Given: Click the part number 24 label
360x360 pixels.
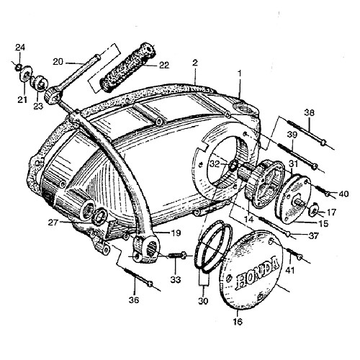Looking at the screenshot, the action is [20, 48].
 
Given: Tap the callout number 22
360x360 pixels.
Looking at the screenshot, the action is [164, 65].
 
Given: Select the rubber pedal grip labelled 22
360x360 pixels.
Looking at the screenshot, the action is [128, 67].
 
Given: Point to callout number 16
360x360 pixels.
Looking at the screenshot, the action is [238, 322].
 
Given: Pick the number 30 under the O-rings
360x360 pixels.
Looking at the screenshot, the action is [203, 301].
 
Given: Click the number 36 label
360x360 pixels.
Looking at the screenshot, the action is [134, 300].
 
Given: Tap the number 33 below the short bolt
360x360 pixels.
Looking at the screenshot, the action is [176, 279].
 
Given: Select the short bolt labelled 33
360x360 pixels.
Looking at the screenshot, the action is [178, 255].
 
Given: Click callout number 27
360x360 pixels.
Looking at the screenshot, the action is [53, 222].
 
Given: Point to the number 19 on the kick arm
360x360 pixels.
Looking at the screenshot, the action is [176, 233].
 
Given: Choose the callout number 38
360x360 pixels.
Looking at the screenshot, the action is [310, 112].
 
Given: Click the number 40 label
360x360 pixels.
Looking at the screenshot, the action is [343, 194].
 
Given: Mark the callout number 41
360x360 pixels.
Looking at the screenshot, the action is [289, 271].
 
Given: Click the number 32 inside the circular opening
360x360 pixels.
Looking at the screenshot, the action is [215, 164].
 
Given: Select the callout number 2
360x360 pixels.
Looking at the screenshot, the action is [195, 63].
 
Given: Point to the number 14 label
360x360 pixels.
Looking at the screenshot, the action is [249, 219].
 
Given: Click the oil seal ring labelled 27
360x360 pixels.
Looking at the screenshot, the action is [99, 217].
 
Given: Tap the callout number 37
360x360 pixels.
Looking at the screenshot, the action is [313, 236].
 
